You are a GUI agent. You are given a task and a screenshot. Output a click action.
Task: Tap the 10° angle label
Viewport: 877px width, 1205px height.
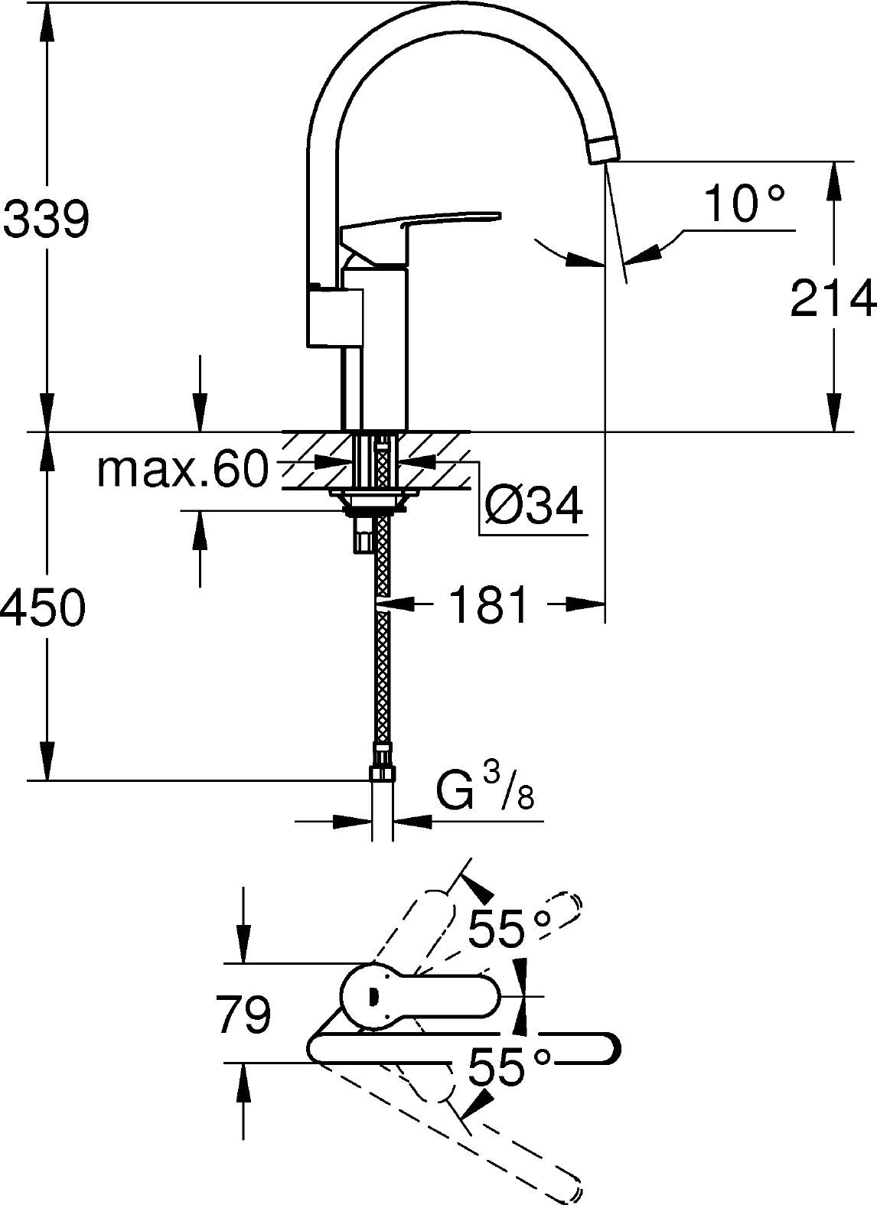[744, 204]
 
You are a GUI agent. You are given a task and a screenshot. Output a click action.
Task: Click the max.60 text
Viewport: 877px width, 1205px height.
[183, 471]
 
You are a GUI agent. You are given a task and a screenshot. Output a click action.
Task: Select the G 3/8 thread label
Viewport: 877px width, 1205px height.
[484, 793]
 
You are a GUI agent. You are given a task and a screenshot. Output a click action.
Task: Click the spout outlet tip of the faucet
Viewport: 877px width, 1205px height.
[604, 147]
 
